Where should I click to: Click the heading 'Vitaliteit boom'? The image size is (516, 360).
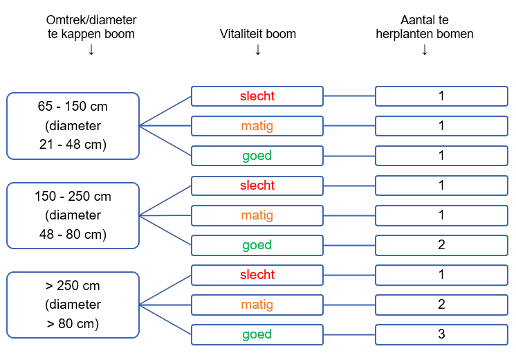coord(257,34)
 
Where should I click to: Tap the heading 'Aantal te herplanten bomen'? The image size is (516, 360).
coord(424,27)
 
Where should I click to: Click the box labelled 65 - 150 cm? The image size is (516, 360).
coord(73,126)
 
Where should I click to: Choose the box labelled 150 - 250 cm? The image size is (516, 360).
coord(73,215)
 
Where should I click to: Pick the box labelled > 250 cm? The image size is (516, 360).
coord(73,305)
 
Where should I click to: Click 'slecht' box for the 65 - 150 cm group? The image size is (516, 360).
coord(257,96)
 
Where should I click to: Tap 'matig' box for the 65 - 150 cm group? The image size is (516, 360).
coord(257,126)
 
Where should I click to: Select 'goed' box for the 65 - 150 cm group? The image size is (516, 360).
coord(257,156)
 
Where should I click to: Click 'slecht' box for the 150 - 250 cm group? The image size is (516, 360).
coord(257,186)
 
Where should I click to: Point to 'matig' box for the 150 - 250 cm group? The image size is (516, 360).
coord(257,215)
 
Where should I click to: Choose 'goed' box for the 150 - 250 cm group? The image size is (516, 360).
coord(257,245)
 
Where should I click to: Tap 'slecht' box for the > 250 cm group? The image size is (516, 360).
coord(257,275)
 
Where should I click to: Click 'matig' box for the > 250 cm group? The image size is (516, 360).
coord(257,305)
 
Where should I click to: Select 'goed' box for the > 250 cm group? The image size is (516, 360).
coord(257,334)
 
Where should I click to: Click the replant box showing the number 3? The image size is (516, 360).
coord(441,334)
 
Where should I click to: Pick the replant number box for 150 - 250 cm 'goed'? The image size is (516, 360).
coord(441,245)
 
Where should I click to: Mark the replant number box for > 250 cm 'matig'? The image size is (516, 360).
coord(441,305)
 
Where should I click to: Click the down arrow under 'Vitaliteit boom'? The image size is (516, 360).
coord(257,49)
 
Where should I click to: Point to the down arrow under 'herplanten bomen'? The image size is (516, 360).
coord(424,49)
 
